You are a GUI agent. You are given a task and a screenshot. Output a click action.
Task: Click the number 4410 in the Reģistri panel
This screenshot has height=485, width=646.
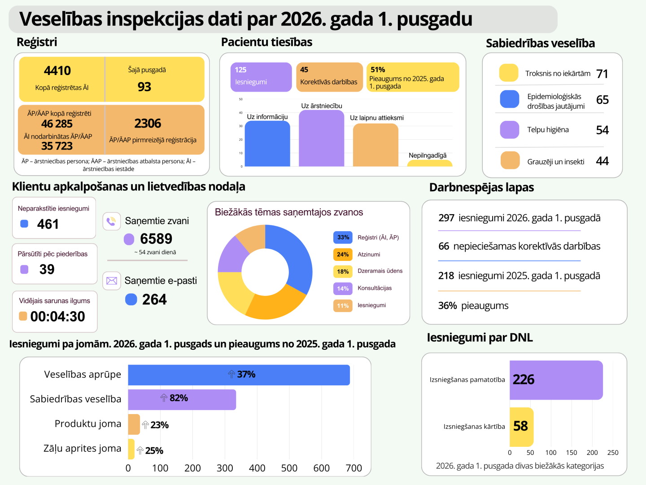coord(57,71)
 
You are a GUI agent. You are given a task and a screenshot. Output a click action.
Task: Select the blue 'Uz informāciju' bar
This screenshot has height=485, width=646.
coord(267,144)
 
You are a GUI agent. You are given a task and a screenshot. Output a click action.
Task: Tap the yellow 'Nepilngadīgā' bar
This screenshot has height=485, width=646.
coord(429,163)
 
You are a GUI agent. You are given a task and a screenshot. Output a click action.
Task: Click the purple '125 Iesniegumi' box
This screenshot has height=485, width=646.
coord(261,77)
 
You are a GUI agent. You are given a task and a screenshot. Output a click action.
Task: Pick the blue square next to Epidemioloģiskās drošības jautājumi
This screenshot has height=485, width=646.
coord(509,99)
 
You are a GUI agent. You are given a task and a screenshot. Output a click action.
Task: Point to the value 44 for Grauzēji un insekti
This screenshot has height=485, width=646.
coord(602,161)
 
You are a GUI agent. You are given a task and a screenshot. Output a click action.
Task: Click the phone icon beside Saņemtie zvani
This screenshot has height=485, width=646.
coord(112,221)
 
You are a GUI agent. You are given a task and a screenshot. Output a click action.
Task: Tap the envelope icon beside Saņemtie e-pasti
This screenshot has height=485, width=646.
coord(112,281)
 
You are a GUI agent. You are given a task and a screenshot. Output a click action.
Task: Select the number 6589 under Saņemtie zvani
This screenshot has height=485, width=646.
coord(156,238)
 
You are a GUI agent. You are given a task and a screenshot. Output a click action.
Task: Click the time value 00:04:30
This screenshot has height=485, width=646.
coord(58,317)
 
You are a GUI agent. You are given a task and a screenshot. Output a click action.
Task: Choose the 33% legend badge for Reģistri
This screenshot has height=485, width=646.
coord(343,238)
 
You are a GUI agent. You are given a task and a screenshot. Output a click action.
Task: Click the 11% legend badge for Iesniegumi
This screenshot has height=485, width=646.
coord(343,306)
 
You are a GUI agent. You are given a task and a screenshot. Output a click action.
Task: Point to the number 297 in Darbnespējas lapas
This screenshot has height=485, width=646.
coord(446,218)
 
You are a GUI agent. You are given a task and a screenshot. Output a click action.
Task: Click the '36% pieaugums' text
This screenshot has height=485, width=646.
coord(473,306)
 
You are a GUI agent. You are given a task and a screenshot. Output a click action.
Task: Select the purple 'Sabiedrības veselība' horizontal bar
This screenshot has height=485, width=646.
coord(182,400)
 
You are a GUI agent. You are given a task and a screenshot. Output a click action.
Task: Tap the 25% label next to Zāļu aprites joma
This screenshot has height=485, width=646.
coord(154,450)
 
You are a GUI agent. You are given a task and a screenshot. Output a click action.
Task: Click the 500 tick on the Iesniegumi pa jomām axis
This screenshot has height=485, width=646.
coord(289,468)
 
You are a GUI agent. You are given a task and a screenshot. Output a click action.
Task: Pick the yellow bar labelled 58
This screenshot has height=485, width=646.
coord(521,427)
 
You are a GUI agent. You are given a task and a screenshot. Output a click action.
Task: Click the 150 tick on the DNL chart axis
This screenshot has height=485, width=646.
coord(572,453)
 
